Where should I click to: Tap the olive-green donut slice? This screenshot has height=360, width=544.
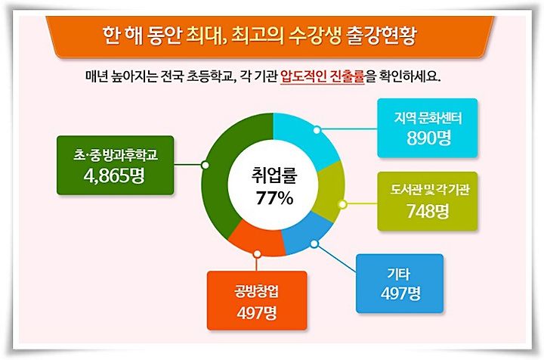tap(329, 193)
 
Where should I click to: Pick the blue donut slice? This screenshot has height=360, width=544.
tap(305, 233)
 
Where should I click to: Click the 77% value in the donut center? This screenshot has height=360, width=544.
tap(274, 199)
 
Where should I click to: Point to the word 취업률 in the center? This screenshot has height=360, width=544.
tap(274, 175)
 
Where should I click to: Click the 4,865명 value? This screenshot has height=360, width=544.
tap(114, 176)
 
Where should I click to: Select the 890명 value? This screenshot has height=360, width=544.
tap(429, 138)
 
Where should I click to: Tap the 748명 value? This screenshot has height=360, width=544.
tap(428, 211)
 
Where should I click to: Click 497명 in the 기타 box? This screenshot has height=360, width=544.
tap(400, 293)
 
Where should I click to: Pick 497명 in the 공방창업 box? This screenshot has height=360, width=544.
tap(257, 313)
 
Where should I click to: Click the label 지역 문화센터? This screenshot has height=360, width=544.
tap(428, 119)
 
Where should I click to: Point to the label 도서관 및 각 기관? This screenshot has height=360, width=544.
tap(429, 190)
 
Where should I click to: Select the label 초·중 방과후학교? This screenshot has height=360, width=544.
tap(116, 155)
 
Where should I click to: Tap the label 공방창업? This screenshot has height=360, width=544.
tap(257, 291)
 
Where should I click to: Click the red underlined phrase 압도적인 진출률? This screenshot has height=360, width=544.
tap(323, 76)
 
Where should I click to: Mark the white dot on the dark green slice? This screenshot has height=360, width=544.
tap(205, 165)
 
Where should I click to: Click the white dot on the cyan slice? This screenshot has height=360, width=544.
tap(317, 130)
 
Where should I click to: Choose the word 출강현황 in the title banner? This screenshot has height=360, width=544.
tap(381, 36)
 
